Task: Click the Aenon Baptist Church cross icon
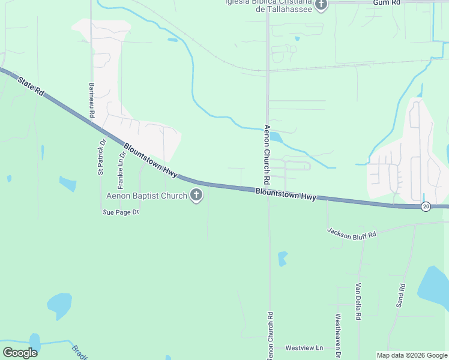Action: (x=196, y=195)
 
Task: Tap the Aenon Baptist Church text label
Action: (x=147, y=196)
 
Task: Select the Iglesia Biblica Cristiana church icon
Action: (x=321, y=5)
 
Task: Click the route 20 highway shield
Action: (x=426, y=206)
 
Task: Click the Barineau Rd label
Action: (x=92, y=100)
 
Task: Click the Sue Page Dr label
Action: (x=121, y=212)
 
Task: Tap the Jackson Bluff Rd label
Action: (x=352, y=233)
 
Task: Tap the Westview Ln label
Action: (x=304, y=348)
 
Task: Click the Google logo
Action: (x=20, y=352)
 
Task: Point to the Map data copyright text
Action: (x=411, y=355)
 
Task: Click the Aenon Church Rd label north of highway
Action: (x=266, y=155)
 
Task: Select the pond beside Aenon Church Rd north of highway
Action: (x=276, y=137)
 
